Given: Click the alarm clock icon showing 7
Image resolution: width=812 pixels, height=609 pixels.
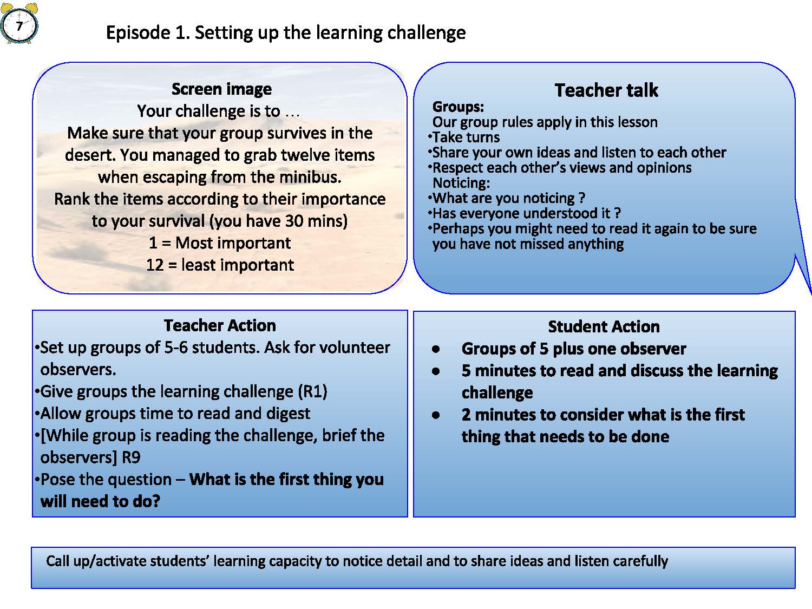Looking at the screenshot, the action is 19,23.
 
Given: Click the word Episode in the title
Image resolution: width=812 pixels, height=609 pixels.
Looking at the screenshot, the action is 138,32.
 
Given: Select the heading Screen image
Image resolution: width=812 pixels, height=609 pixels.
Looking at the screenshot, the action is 221,89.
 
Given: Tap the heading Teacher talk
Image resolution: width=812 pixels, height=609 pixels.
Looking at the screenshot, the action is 606,90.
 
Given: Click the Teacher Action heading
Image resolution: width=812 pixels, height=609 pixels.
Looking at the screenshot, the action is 220,325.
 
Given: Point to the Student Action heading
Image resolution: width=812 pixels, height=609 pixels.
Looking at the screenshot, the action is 604,326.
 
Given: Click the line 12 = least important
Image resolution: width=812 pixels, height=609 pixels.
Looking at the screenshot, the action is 220,265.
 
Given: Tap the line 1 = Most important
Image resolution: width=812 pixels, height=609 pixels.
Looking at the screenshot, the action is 220,243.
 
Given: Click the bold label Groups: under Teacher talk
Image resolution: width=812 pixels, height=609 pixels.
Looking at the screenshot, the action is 458,107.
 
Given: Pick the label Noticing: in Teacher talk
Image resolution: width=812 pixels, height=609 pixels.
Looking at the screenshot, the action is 461,183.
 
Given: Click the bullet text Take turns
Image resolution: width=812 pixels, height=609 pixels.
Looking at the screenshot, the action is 466,137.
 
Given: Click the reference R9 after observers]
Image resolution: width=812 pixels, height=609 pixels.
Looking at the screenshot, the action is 131,458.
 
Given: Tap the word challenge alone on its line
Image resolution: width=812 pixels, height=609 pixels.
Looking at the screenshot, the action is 497,392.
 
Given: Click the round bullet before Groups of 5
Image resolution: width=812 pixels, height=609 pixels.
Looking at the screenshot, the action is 436,349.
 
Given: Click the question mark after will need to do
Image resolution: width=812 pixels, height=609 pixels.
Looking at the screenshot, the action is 156,501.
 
